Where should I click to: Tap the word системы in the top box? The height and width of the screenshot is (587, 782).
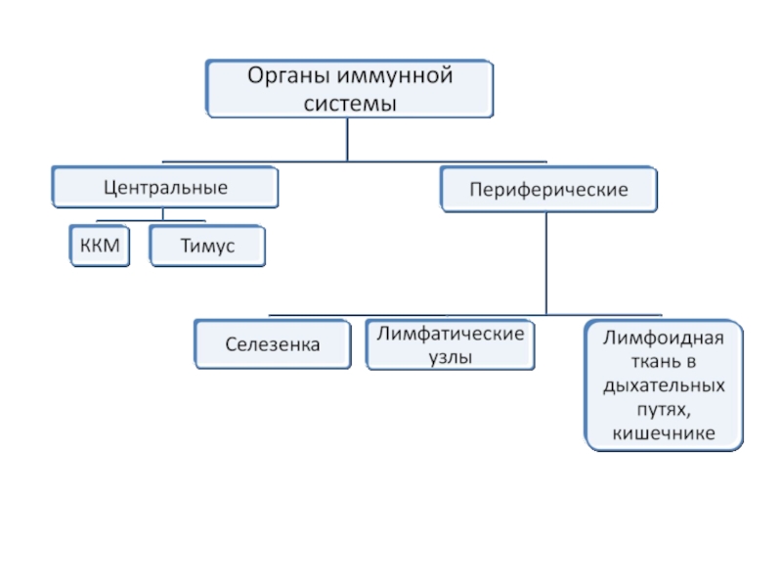point(348,103)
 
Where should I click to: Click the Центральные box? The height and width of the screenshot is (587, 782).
point(165,186)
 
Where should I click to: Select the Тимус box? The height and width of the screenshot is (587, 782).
point(207,247)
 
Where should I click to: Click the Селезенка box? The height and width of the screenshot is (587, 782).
point(273,344)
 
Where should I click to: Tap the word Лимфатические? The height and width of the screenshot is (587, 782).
point(451,334)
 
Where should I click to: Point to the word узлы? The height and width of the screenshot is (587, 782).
point(451,358)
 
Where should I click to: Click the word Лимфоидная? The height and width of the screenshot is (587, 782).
point(663,339)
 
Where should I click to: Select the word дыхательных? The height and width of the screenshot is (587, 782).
point(663,385)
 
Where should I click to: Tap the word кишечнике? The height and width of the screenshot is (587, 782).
point(663,431)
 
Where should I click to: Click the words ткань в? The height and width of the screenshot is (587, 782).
point(663,363)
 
